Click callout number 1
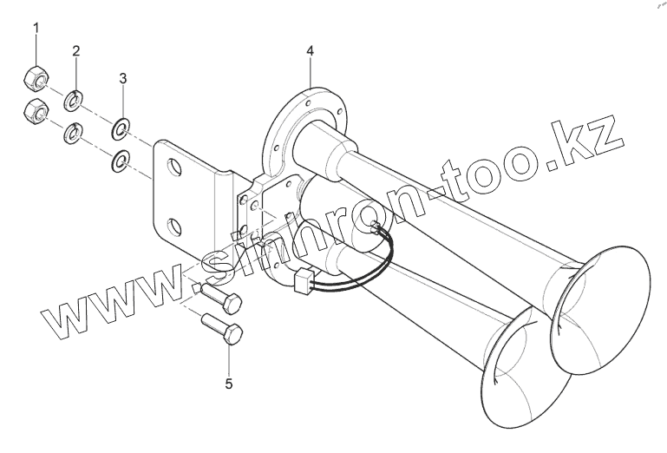pyautogui.click(x=36, y=28)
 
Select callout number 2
pyautogui.click(x=76, y=51)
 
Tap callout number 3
pyautogui.click(x=123, y=78)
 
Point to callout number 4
pyautogui.click(x=311, y=51)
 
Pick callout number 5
pyautogui.click(x=229, y=384)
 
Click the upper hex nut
pyautogui.click(x=36, y=78)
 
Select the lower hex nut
pyautogui.click(x=36, y=112)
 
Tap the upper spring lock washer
pyautogui.click(x=74, y=101)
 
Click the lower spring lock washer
pyautogui.click(x=74, y=133)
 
